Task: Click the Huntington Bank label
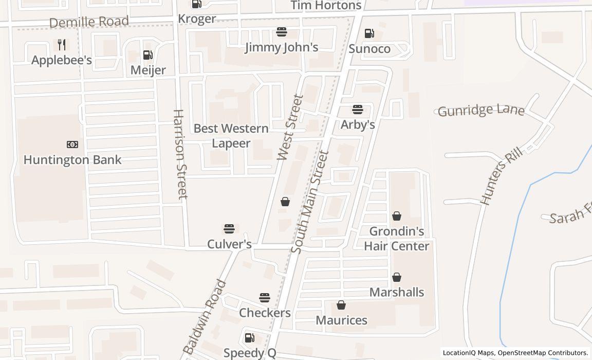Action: click(72, 159)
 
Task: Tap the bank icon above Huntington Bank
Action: click(72, 145)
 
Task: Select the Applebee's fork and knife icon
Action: click(62, 45)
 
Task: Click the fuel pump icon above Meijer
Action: click(147, 55)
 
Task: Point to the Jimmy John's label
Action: click(281, 47)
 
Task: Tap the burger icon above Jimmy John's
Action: click(281, 32)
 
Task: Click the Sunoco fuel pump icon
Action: click(369, 33)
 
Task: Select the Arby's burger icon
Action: click(358, 109)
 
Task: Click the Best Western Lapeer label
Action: click(231, 136)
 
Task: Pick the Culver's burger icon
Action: click(229, 228)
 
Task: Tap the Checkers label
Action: click(265, 313)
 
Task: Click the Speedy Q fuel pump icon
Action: click(249, 337)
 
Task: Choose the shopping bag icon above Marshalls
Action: click(397, 277)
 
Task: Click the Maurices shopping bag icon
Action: click(341, 305)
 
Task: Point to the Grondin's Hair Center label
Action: click(396, 239)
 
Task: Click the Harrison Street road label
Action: click(179, 154)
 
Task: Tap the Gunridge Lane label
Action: click(481, 110)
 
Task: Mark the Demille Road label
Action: click(89, 22)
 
